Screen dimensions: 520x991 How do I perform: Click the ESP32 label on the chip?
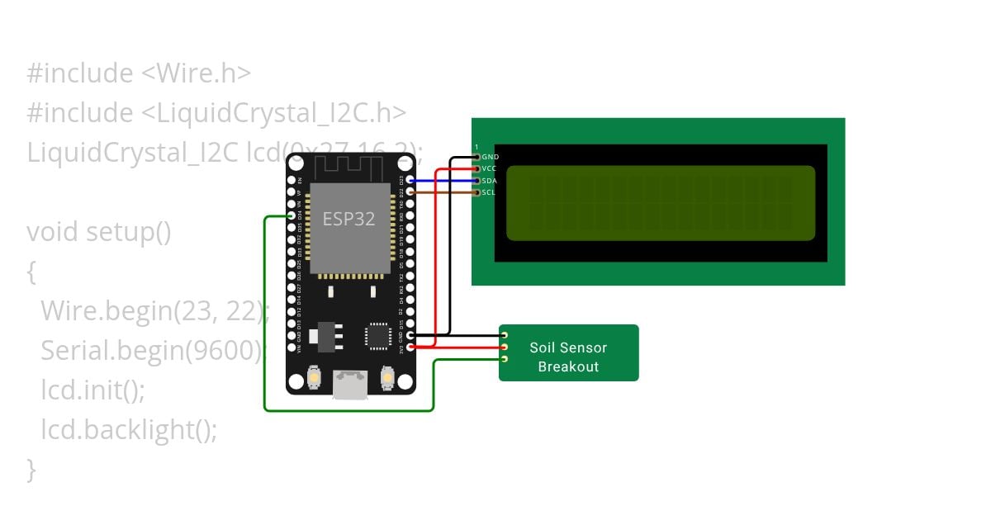click(349, 220)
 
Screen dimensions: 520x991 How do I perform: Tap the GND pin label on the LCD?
click(490, 157)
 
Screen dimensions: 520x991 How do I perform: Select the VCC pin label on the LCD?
click(489, 168)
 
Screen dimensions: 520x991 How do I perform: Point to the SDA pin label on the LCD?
click(489, 181)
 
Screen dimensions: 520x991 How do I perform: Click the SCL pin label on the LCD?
click(488, 192)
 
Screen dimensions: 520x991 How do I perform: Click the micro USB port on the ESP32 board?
click(350, 384)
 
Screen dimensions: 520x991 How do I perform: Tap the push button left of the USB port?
click(314, 378)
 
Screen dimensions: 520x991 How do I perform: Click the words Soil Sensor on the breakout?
click(568, 348)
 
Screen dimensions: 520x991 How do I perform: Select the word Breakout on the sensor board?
click(568, 366)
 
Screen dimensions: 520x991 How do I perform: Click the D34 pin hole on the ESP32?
click(292, 216)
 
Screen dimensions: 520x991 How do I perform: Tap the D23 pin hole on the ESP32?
click(410, 180)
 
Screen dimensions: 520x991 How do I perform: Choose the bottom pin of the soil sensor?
click(504, 359)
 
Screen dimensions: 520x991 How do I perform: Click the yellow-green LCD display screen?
click(661, 203)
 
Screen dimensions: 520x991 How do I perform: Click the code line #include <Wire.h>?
click(139, 73)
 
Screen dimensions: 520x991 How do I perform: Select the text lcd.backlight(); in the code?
click(129, 430)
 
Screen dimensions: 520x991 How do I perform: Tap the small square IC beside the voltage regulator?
click(378, 335)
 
